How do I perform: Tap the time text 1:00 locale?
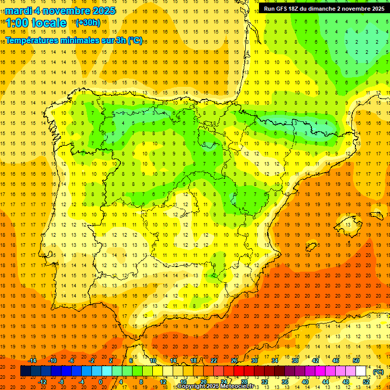coord(36,23)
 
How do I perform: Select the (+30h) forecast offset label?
coord(87,23)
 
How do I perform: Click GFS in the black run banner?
coord(283,9)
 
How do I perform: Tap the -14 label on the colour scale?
coord(33,360)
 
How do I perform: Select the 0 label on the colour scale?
coord(100,382)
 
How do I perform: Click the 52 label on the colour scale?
coord(366,382)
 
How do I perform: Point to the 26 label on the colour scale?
coord(234,360)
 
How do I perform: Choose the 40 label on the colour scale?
coord(305,382)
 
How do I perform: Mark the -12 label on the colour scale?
coord(43,382)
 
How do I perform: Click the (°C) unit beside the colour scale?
coord(378,372)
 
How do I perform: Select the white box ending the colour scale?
coord(361,371)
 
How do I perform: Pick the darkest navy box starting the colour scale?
coord(25,371)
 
